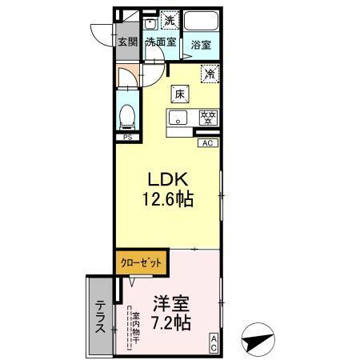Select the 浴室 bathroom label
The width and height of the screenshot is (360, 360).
tap(201, 46)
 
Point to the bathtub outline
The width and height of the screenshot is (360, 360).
tap(201, 21)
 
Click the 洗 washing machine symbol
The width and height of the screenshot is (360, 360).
tap(170, 19)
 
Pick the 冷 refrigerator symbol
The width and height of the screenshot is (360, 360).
tap(210, 75)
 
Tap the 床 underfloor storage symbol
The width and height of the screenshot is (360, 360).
tap(179, 94)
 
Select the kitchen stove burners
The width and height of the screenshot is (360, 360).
tap(207, 118)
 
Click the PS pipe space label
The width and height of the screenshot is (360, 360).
tap(126, 138)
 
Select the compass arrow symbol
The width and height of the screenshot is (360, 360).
tap(258, 339)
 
